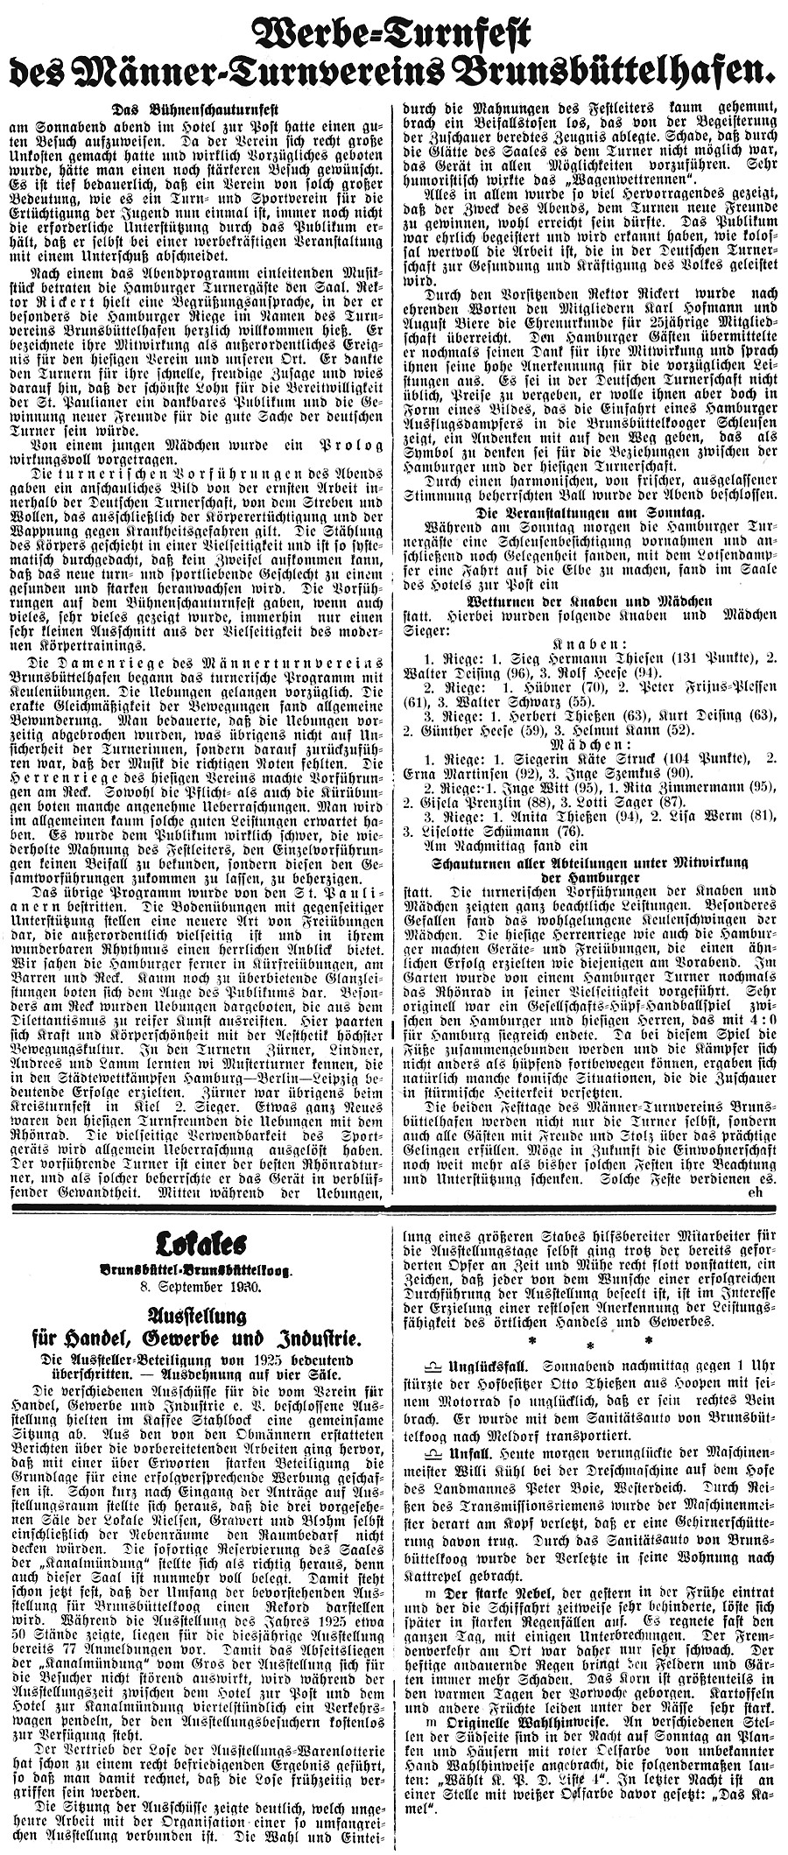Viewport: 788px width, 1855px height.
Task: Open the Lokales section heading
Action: tap(197, 1242)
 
